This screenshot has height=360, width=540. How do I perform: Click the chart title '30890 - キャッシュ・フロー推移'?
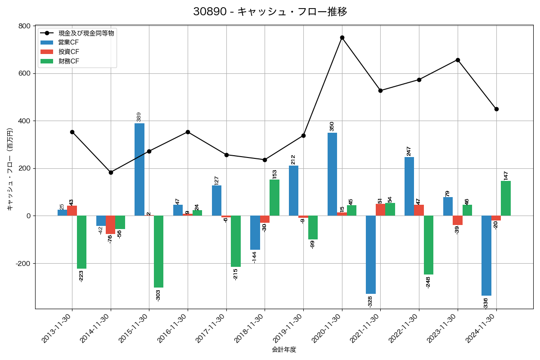point(270,12)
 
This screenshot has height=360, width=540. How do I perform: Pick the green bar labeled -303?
point(158,252)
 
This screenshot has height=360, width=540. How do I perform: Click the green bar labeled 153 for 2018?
point(274,198)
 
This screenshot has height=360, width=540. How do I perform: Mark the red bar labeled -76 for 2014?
point(111,225)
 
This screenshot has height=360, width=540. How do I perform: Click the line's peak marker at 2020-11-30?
point(342,37)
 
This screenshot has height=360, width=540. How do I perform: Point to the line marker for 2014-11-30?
point(111,172)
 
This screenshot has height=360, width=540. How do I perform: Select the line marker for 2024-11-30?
point(496,109)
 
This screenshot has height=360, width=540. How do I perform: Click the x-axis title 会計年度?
point(284,350)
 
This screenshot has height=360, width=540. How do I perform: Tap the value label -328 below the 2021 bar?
point(370,301)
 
